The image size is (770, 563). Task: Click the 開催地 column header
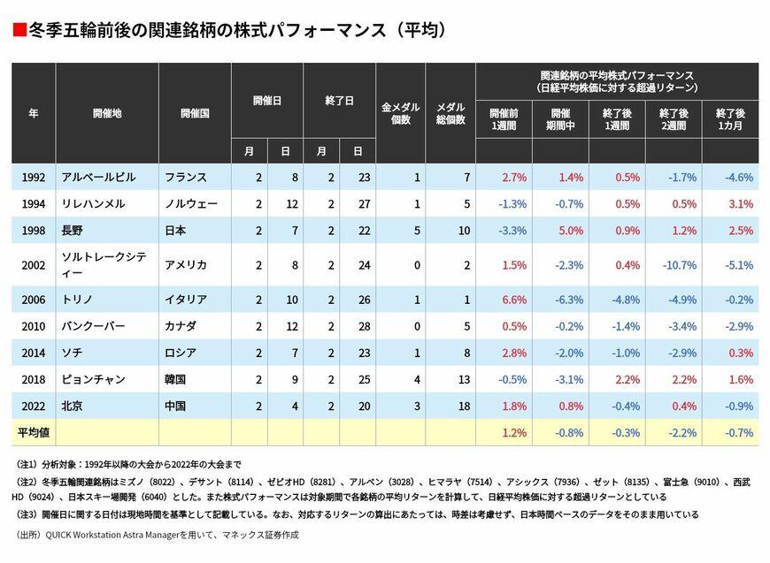pyautogui.click(x=107, y=113)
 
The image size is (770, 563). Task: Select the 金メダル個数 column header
pyautogui.click(x=401, y=113)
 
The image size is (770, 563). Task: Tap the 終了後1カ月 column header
pyautogui.click(x=730, y=119)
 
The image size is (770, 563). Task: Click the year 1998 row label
pyautogui.click(x=35, y=231)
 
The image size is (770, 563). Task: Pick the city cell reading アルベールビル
pyautogui.click(x=98, y=177)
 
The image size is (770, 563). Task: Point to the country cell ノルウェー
pyautogui.click(x=191, y=204)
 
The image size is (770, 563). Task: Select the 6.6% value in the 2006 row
pyautogui.click(x=514, y=299)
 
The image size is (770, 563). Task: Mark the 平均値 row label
pyautogui.click(x=34, y=433)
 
